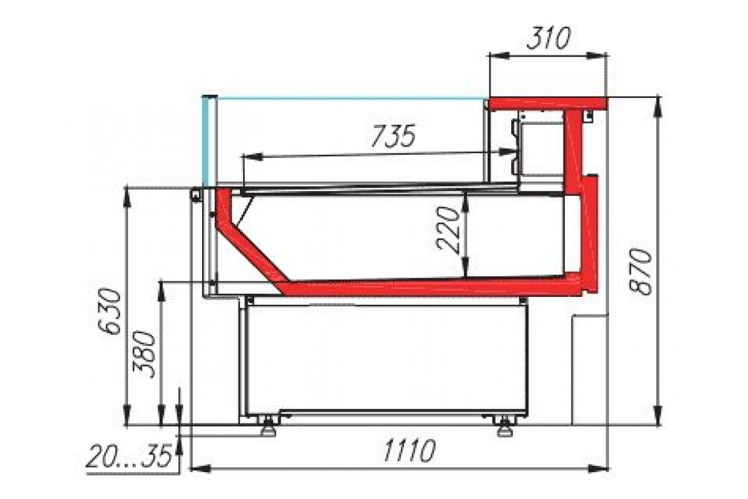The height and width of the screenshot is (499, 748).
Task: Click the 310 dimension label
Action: click(549, 38)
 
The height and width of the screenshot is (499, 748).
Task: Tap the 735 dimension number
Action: click(393, 136)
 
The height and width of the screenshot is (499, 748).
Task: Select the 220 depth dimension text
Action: click(448, 230)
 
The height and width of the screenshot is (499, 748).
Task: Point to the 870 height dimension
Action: click(640, 271)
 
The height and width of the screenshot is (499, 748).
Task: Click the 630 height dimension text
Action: click(110, 312)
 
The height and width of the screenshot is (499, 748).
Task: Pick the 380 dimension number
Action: click(144, 354)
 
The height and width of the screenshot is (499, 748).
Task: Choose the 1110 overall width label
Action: click(409, 450)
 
